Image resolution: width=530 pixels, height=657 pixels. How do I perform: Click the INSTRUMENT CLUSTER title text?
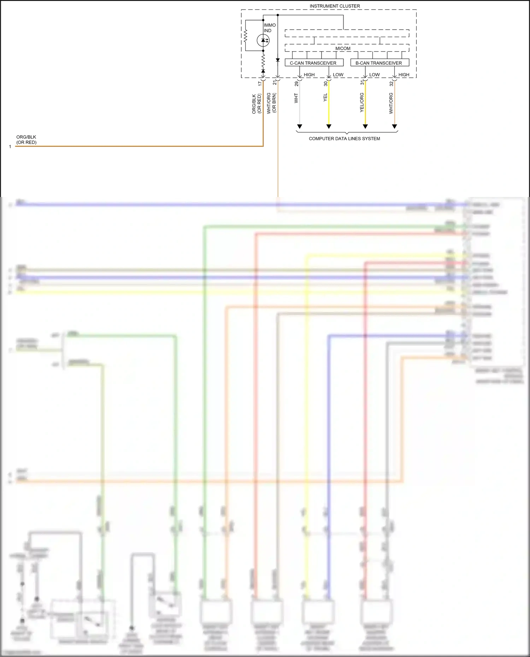[x=335, y=6]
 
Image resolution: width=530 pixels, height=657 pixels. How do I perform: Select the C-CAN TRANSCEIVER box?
[x=314, y=63]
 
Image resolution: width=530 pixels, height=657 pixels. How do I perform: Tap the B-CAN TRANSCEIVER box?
[x=379, y=63]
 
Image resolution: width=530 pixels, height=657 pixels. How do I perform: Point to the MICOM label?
[x=343, y=48]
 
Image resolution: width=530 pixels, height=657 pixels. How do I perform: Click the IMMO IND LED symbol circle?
[x=263, y=40]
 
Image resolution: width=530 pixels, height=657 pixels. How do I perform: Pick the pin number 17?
[x=260, y=83]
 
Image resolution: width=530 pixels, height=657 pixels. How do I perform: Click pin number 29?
[x=296, y=84]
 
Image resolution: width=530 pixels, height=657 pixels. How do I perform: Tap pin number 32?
[x=391, y=84]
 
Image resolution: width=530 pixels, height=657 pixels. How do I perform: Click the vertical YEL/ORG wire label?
[x=361, y=102]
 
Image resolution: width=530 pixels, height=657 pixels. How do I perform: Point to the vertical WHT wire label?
[x=296, y=98]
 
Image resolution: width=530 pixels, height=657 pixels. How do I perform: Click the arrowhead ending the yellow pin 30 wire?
[x=329, y=126]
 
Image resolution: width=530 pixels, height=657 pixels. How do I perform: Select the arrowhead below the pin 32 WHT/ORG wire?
[x=394, y=126]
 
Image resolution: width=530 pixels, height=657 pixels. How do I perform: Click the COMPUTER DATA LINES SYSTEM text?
[x=344, y=138]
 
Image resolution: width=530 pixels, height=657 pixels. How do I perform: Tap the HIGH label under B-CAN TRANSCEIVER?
[x=404, y=74]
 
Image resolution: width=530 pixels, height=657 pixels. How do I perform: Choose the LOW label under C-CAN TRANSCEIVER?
[x=338, y=74]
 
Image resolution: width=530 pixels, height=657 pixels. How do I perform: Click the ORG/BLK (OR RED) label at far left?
[x=26, y=139]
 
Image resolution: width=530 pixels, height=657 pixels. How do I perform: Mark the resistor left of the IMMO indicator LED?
[x=245, y=36]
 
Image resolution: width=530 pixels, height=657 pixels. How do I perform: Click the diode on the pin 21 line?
[x=278, y=60]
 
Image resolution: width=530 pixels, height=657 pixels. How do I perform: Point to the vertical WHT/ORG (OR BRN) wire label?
[x=271, y=103]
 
